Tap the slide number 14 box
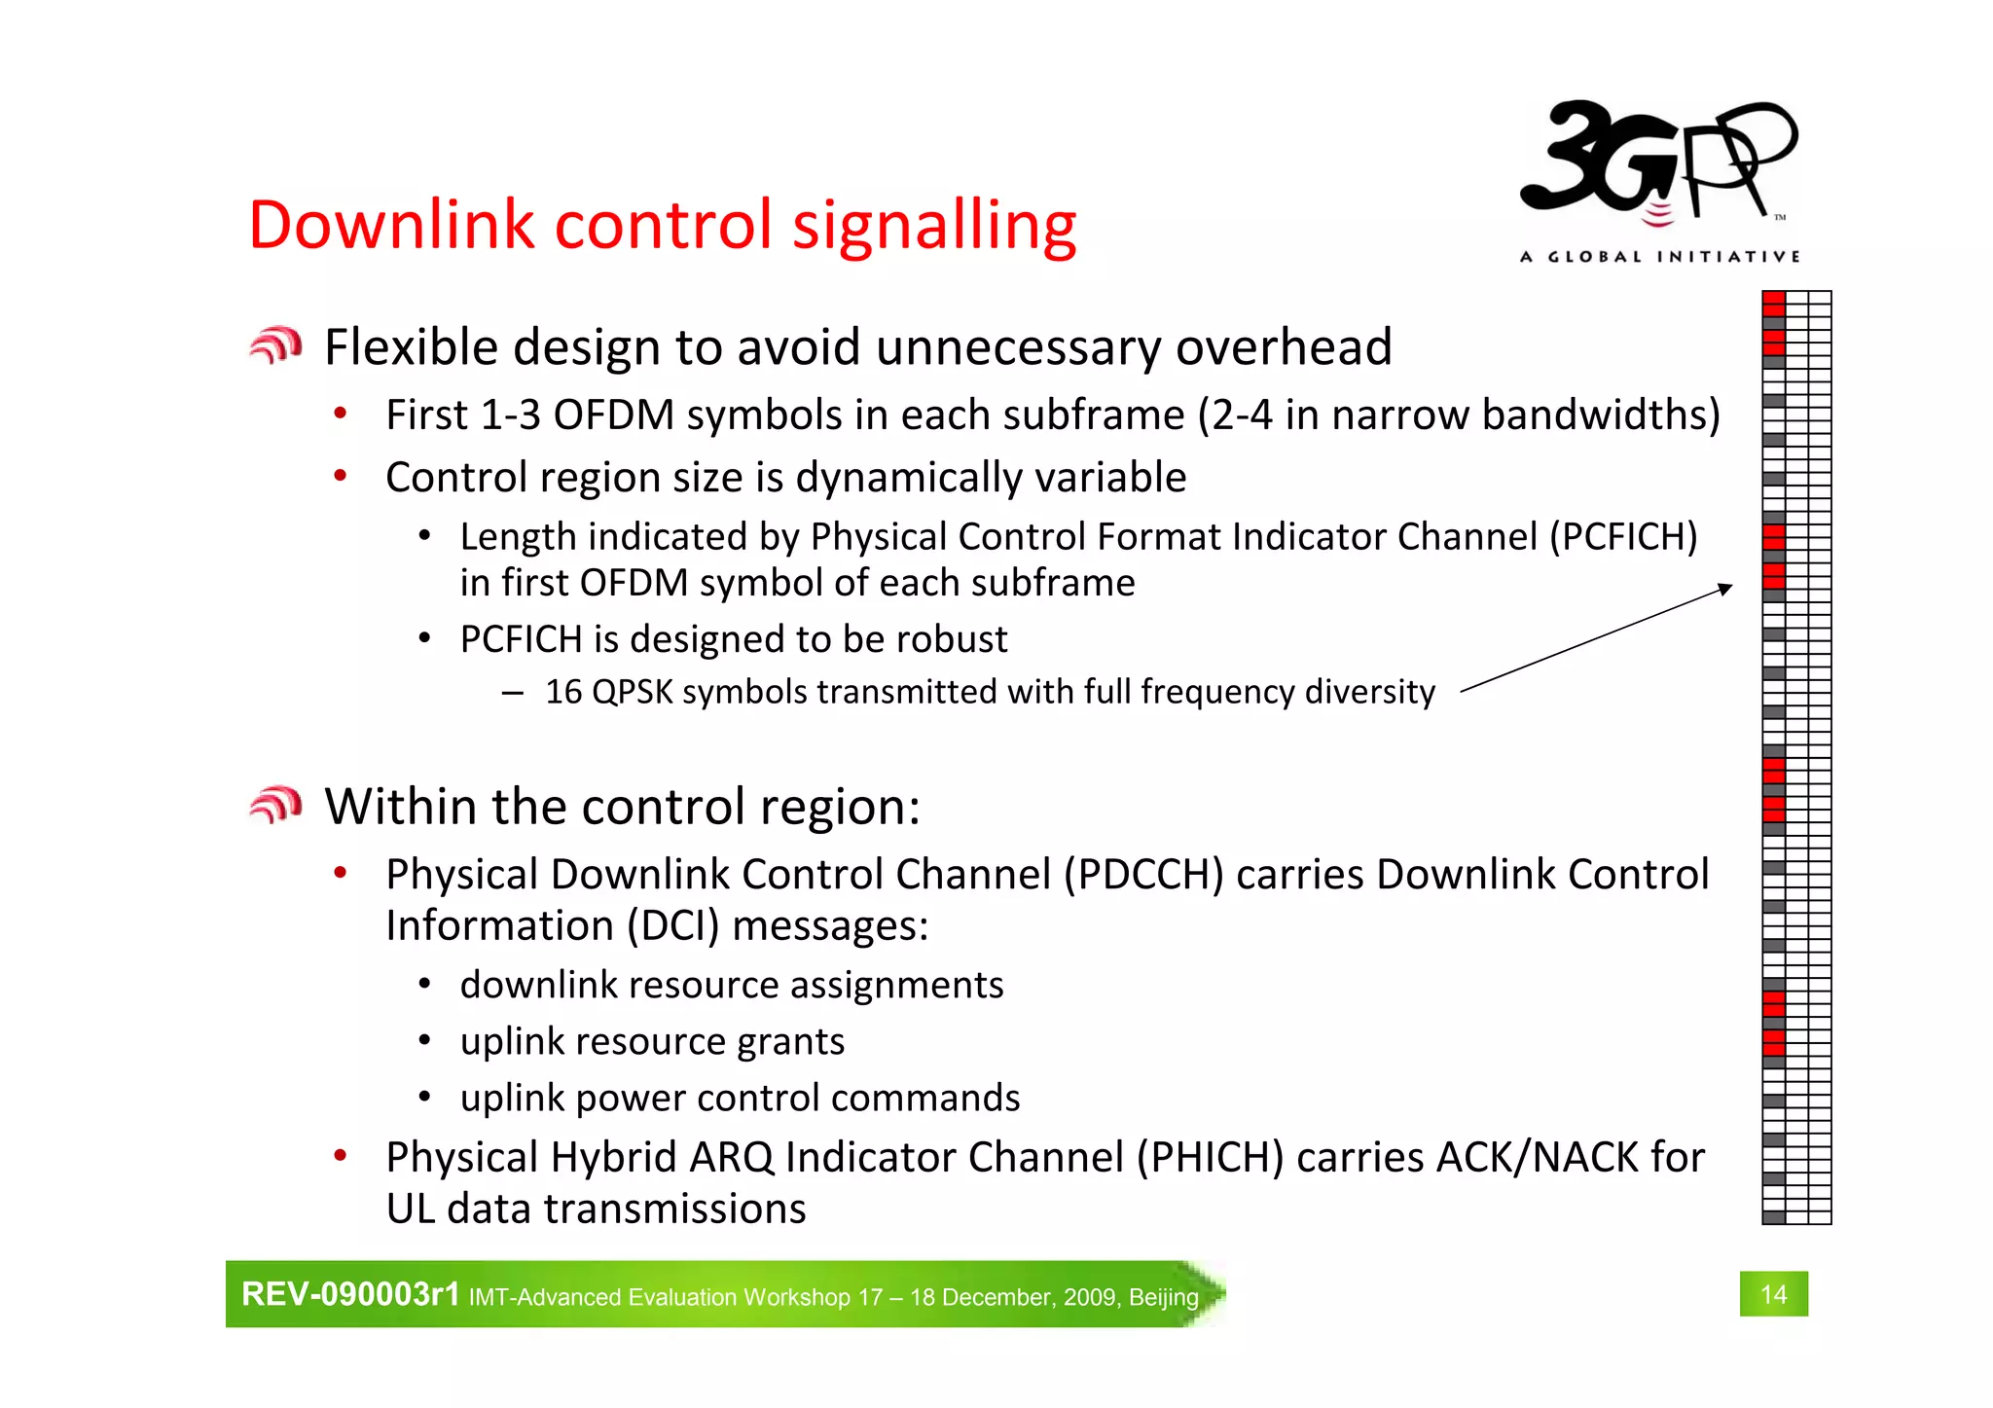[x=1773, y=1293]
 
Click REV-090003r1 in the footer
[x=349, y=1294]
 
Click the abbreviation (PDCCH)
[x=1142, y=875]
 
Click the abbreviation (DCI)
[x=672, y=925]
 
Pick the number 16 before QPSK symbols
[x=562, y=692]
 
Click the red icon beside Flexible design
[x=275, y=345]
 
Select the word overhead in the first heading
[x=1284, y=347]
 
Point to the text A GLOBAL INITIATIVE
[x=1659, y=257]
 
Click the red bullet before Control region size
[x=340, y=476]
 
